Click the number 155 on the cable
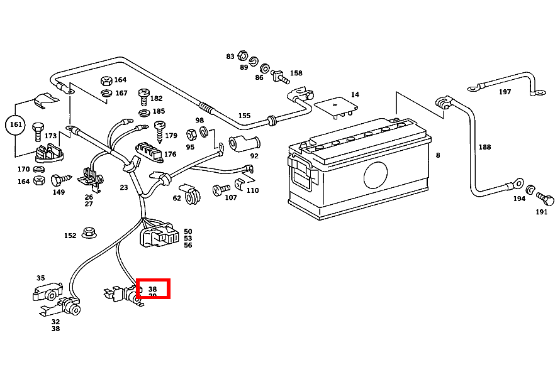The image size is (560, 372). point(244,116)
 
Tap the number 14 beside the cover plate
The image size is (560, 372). point(355,95)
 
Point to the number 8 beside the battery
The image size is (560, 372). point(438,155)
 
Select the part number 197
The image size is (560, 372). point(505,92)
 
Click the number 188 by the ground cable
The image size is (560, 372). point(484,147)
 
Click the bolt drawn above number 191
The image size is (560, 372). point(546,200)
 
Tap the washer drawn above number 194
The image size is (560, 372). point(530,189)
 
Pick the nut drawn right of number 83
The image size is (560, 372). point(243,56)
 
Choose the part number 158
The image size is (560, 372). point(296,74)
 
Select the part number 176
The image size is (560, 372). point(170,154)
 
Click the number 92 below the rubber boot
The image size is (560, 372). point(254,156)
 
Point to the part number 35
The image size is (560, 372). point(41,278)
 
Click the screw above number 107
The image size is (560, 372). point(221,188)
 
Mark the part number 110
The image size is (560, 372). point(252,190)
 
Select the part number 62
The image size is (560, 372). point(177,198)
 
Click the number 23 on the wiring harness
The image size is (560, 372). point(124,187)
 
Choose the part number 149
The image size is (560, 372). point(59,192)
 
